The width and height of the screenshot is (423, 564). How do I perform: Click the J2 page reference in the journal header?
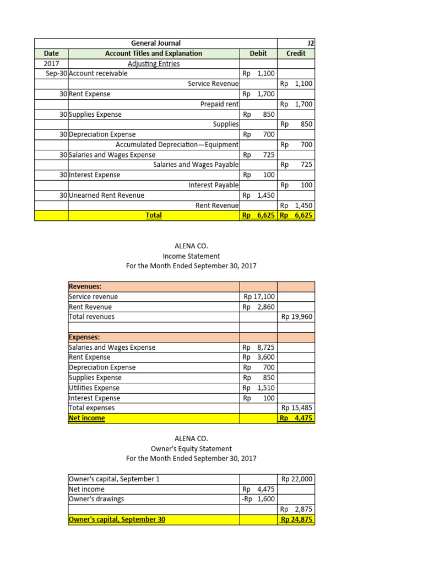tap(311, 44)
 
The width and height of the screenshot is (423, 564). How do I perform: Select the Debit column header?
tap(258, 53)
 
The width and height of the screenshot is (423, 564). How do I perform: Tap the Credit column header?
tap(296, 53)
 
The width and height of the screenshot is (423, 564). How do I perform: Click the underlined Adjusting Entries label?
tap(154, 63)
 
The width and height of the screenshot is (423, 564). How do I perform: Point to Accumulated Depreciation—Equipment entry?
tap(177, 145)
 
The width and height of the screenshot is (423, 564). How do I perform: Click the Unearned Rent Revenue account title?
tap(107, 196)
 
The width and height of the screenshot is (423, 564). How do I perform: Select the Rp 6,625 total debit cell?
tap(259, 215)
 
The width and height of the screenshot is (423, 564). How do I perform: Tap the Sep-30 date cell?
tap(53, 74)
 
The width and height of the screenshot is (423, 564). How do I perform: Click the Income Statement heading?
tap(191, 256)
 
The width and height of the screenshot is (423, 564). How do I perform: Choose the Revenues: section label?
tap(85, 287)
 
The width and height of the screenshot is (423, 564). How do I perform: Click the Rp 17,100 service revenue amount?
tap(259, 297)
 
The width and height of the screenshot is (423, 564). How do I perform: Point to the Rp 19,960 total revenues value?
tap(296, 317)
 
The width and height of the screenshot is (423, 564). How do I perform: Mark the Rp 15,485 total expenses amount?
tap(296, 408)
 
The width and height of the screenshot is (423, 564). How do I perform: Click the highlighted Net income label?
tap(86, 418)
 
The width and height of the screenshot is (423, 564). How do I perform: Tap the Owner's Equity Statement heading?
tap(191, 448)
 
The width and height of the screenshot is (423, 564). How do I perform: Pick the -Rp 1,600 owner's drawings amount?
tap(258, 499)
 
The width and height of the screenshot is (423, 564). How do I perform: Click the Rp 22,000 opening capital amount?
tap(296, 479)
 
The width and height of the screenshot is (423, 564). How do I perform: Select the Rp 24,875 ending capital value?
tap(296, 519)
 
